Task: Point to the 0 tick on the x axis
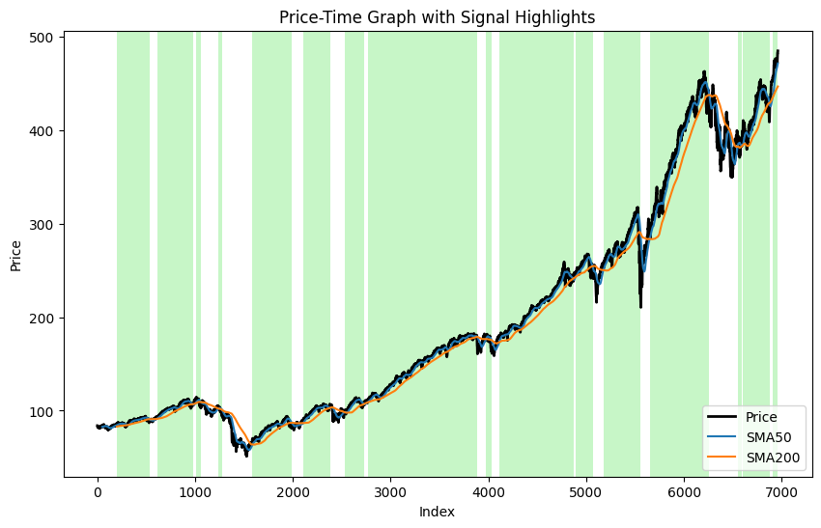[98, 491]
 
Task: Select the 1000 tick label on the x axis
[195, 491]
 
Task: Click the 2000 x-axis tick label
[293, 491]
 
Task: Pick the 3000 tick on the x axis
[390, 491]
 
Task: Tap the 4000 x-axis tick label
[488, 491]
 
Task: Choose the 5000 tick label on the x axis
[585, 491]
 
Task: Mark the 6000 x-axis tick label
[683, 491]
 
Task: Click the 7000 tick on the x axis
[780, 491]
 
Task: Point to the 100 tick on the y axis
[45, 411]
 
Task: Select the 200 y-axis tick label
[45, 318]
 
